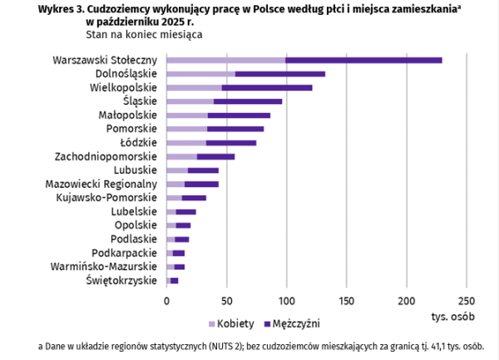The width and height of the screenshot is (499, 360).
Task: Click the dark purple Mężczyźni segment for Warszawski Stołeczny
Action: [x=363, y=60]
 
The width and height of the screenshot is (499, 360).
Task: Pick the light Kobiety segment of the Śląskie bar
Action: [x=190, y=101]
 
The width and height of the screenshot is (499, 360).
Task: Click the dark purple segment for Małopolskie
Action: [x=239, y=115]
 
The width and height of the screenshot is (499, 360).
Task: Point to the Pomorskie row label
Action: [x=131, y=128]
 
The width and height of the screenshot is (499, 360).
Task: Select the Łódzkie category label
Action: [x=137, y=142]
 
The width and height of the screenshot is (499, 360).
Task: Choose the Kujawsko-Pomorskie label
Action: [x=106, y=197]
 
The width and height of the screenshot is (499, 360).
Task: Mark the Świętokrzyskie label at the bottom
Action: [x=121, y=281]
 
